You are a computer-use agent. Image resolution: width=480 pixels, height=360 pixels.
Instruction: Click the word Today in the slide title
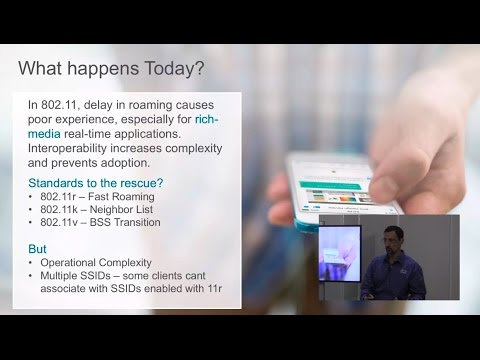tap(174, 69)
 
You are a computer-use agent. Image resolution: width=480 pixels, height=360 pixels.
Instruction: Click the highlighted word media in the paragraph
tap(44, 134)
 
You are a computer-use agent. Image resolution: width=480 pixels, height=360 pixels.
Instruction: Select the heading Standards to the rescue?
tap(96, 183)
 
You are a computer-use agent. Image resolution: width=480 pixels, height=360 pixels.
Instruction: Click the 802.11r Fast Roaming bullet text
tap(97, 197)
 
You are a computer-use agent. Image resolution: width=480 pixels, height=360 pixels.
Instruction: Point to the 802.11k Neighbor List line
tap(97, 209)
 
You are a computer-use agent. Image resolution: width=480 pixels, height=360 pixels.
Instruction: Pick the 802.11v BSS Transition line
tap(100, 222)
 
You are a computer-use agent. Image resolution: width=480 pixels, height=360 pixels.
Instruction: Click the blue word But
tap(37, 249)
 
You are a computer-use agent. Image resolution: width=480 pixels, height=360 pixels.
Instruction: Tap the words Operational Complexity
tap(96, 263)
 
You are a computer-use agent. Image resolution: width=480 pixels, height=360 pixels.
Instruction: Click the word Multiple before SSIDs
tap(59, 276)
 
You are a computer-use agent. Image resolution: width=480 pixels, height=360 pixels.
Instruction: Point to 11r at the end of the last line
tap(215, 288)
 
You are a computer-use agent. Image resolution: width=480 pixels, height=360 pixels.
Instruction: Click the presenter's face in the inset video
tap(393, 239)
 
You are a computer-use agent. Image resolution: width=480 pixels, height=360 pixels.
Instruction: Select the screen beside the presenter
tap(340, 253)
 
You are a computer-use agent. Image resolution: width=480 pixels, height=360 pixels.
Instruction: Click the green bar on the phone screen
tap(330, 185)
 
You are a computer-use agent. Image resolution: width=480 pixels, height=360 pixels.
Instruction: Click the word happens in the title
tap(103, 69)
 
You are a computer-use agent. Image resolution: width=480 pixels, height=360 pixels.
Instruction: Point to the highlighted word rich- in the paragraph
tap(207, 119)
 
